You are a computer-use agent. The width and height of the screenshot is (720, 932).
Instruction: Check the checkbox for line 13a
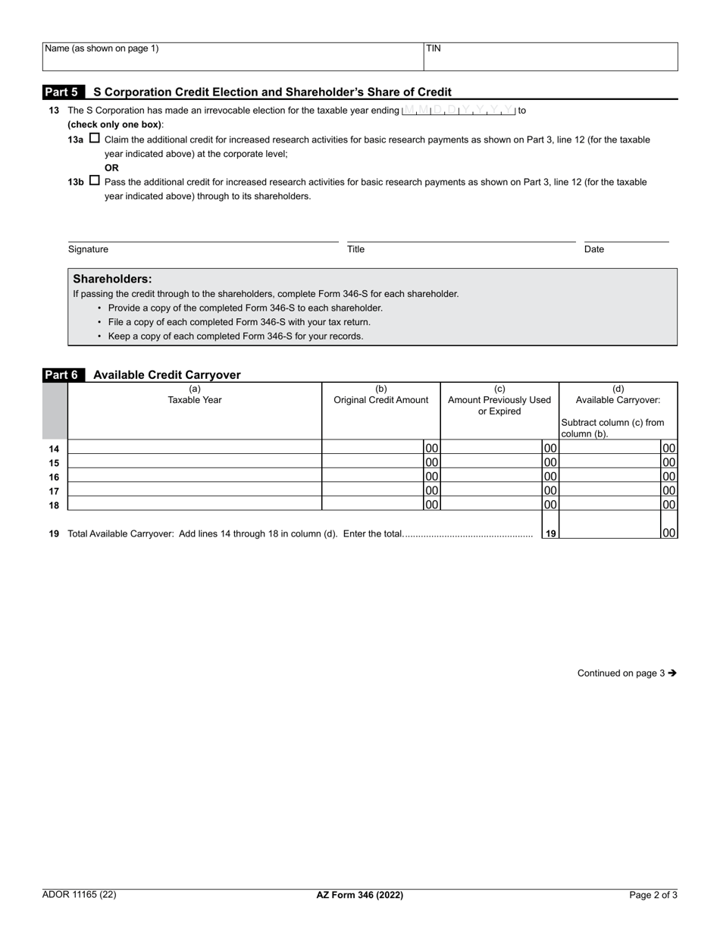95,139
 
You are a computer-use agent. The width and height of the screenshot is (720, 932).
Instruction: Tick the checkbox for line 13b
95,181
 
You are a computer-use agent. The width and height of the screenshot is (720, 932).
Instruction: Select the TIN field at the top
550,57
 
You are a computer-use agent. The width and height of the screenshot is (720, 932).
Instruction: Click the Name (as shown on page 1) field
233,57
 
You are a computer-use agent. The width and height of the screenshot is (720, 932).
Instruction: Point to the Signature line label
88,249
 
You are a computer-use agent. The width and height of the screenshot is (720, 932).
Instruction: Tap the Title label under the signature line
355,249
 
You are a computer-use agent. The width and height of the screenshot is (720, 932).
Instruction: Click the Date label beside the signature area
594,249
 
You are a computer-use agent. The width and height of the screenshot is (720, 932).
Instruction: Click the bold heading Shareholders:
112,279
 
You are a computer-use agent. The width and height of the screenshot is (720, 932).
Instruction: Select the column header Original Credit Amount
381,400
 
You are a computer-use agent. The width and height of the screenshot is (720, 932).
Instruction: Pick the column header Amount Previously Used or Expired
499,405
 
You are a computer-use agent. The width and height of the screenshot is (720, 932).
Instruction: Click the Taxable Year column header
195,400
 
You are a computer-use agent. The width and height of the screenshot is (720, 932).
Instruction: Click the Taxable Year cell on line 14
195,447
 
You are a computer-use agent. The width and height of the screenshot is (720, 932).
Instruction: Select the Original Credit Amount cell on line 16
373,476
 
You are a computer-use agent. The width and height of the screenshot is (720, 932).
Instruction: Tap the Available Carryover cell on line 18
610,504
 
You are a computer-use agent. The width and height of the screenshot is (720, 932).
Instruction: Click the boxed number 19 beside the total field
551,533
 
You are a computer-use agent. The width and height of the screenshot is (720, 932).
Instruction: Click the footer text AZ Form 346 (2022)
360,895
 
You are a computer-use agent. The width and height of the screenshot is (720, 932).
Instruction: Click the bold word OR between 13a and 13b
111,167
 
